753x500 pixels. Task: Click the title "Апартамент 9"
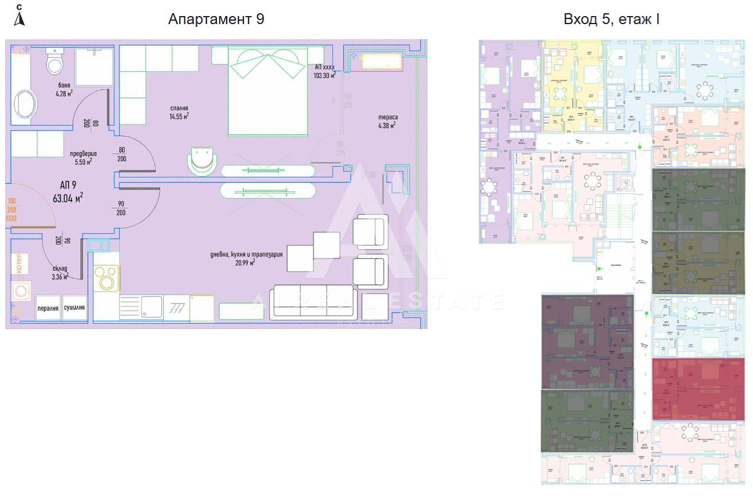tap(216, 19)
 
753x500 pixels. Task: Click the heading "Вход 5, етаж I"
tap(611, 19)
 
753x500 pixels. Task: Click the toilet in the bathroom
tap(55, 61)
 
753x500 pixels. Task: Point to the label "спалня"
tap(179, 108)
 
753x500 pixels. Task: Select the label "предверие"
tap(83, 153)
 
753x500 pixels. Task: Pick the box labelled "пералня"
tap(48, 308)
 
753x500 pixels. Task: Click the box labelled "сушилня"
tap(75, 308)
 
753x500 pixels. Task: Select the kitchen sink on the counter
tap(152, 308)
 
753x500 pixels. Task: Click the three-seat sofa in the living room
tap(313, 301)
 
